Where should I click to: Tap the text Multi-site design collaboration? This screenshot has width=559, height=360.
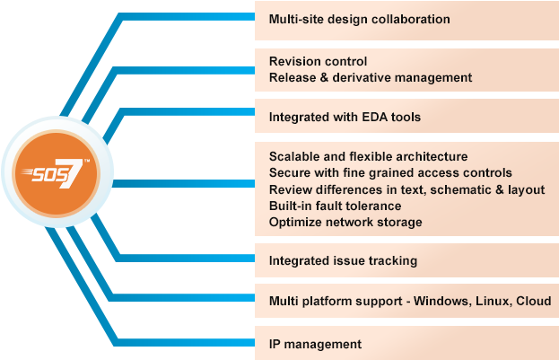(x=359, y=19)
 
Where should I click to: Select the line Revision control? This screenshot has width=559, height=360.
(x=318, y=62)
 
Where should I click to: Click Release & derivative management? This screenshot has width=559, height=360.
(x=370, y=77)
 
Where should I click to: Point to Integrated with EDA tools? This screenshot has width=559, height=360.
(x=345, y=117)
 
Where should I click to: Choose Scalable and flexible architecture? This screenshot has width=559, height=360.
(x=368, y=157)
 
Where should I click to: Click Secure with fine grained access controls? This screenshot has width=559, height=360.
(x=390, y=172)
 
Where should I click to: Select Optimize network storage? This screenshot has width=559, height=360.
(x=345, y=222)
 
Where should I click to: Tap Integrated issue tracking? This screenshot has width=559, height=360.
(x=343, y=261)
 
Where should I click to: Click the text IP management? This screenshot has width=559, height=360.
(x=315, y=344)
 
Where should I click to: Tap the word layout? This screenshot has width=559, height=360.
(x=528, y=189)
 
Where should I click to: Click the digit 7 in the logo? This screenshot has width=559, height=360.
(x=77, y=174)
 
